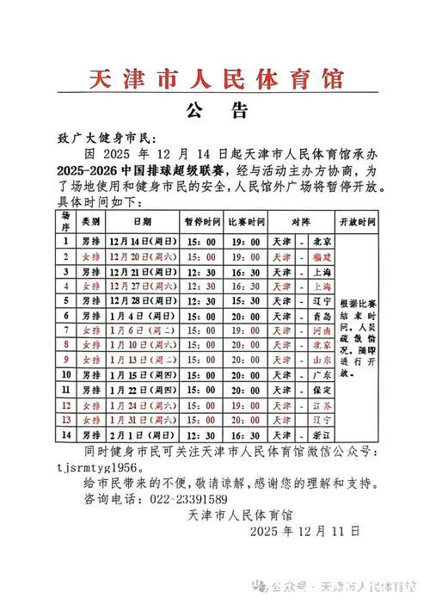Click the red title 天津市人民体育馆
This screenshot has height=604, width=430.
216,80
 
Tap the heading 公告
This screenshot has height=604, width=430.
216,111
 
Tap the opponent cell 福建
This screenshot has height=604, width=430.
322,256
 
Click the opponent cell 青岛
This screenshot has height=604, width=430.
322,316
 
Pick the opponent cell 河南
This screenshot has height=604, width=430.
322,330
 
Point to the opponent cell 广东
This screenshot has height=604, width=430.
322,375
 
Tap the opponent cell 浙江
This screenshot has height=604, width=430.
322,435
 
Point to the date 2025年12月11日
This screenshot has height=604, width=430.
305,532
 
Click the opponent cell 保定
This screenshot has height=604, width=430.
322,390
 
